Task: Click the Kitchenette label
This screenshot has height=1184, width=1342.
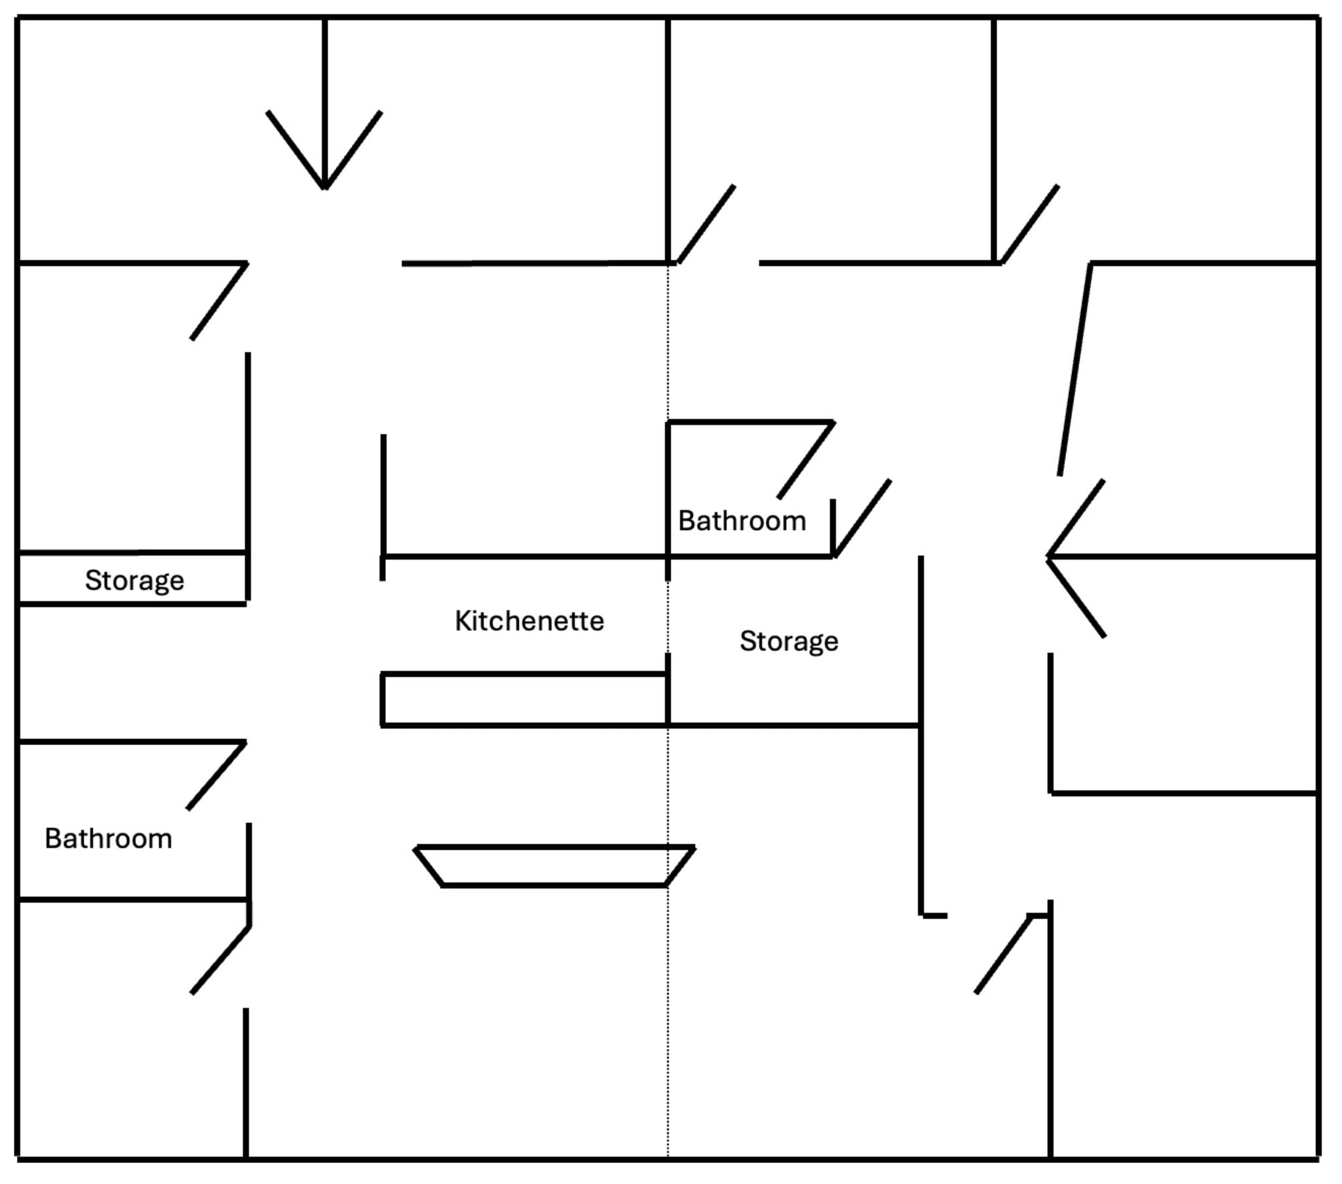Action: pyautogui.click(x=529, y=621)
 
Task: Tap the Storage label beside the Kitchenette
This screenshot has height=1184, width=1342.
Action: pyautogui.click(x=788, y=641)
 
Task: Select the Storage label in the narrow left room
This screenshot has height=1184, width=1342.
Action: pyautogui.click(x=134, y=581)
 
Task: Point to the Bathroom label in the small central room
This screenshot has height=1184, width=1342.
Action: pyautogui.click(x=742, y=522)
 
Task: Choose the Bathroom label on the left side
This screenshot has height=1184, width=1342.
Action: pyautogui.click(x=108, y=839)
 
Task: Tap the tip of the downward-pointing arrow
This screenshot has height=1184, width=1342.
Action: pyautogui.click(x=325, y=189)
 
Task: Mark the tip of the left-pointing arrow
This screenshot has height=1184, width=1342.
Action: pyautogui.click(x=1048, y=557)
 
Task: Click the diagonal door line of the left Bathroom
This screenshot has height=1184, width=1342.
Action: pyautogui.click(x=217, y=776)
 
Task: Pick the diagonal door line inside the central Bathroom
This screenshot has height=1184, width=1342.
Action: pyautogui.click(x=806, y=460)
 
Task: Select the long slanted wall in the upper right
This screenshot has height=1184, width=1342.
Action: pyautogui.click(x=1075, y=369)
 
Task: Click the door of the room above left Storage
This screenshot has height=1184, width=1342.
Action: pyautogui.click(x=220, y=301)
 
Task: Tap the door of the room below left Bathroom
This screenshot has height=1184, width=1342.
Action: pyautogui.click(x=221, y=959)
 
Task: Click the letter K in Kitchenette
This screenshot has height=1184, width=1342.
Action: pyautogui.click(x=462, y=621)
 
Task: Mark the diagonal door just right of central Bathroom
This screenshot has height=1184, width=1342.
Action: pyautogui.click(x=862, y=518)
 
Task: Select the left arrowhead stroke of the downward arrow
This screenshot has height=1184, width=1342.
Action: pyautogui.click(x=296, y=150)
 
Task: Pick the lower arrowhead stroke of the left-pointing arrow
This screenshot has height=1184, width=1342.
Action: pyautogui.click(x=1077, y=597)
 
